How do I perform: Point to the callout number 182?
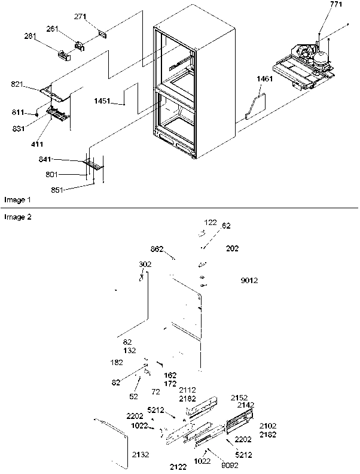click(x=116, y=362)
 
